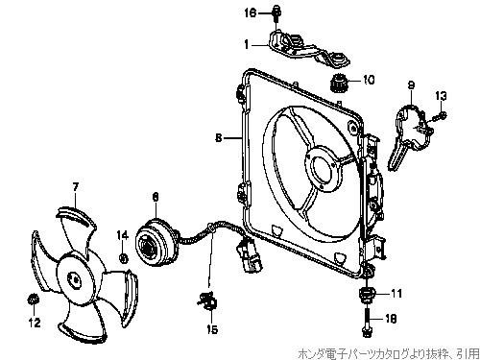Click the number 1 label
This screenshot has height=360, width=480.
(246, 44)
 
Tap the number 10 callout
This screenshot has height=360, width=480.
(369, 80)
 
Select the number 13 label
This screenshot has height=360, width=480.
(441, 96)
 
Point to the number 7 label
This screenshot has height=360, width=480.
(76, 186)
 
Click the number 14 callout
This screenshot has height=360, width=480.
(122, 235)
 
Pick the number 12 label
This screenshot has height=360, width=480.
(35, 323)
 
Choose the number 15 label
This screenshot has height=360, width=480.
(212, 329)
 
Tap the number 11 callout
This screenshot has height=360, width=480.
(396, 293)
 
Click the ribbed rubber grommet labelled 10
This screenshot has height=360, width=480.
(338, 83)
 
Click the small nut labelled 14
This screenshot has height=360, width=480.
(123, 257)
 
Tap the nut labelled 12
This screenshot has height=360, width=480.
(33, 300)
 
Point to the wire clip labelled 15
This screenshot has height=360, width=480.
(206, 300)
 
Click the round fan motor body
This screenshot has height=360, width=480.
(155, 241)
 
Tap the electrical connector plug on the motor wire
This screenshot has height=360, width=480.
(250, 256)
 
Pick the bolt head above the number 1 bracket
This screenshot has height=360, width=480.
(276, 12)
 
